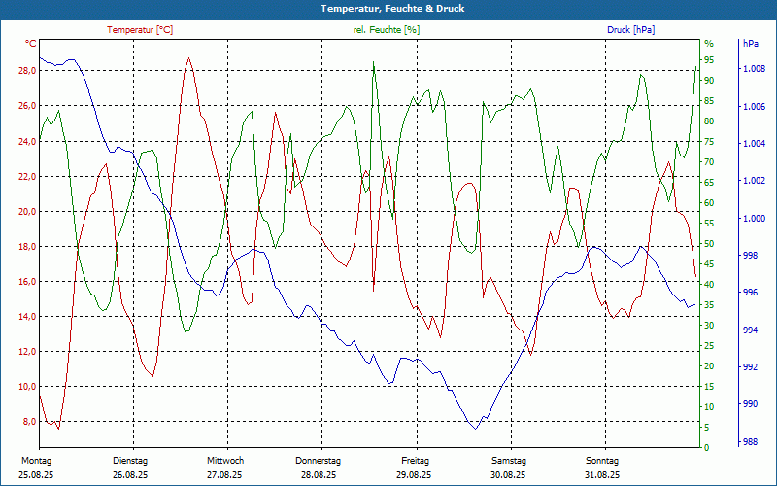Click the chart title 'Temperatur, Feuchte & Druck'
(388, 8)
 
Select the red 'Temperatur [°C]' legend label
(140, 30)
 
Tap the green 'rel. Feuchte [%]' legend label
(387, 30)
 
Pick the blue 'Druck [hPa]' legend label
(630, 30)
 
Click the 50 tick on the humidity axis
(709, 244)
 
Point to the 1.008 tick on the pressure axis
(754, 70)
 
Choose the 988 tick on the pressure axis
(750, 441)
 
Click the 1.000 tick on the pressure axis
(754, 219)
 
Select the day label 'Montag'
(36, 461)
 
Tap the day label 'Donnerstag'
(319, 461)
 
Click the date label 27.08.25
(225, 475)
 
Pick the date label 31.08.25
(602, 475)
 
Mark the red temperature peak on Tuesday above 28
(189, 58)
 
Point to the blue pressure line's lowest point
(475, 428)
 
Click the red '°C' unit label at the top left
(31, 44)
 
